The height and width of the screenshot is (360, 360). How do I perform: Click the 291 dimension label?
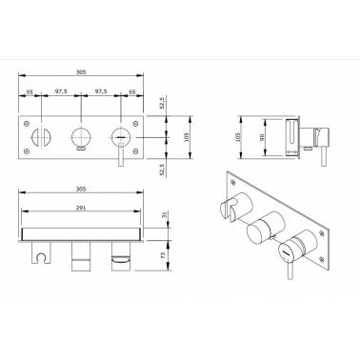81,209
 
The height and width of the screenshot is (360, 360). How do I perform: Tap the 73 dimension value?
164,255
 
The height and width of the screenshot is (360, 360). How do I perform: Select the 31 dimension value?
164,214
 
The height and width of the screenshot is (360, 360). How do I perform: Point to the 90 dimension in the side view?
262,137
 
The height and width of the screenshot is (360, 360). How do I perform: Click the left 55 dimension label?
30,91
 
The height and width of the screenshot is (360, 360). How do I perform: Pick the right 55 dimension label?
131,91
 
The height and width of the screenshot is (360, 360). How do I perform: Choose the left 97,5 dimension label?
61,91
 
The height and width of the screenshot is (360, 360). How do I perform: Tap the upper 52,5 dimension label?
163,103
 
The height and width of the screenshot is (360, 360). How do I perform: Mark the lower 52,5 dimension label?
163,170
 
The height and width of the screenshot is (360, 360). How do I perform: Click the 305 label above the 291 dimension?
81,189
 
